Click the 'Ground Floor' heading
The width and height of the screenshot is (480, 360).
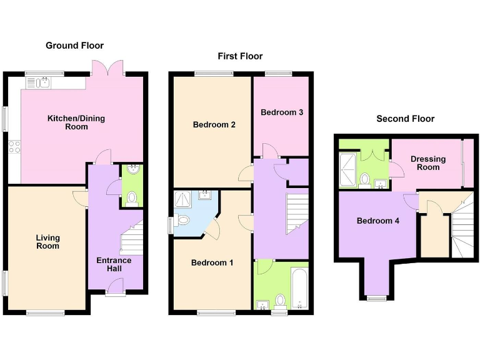pyautogui.click(x=74, y=46)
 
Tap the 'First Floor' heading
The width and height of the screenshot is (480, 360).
pyautogui.click(x=240, y=56)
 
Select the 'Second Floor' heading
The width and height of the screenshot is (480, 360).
pyautogui.click(x=405, y=119)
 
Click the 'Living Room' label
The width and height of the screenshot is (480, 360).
pyautogui.click(x=47, y=241)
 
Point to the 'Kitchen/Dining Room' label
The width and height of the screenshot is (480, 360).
pyautogui.click(x=76, y=122)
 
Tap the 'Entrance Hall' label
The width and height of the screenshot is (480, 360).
pyautogui.click(x=114, y=264)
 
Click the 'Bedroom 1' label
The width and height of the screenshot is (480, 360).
pyautogui.click(x=212, y=262)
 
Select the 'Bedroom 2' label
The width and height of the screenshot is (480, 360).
pyautogui.click(x=214, y=124)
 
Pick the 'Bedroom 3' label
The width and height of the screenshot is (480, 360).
pyautogui.click(x=282, y=112)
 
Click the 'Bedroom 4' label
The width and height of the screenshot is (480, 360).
pyautogui.click(x=377, y=221)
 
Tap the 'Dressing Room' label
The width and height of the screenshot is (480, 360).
pyautogui.click(x=428, y=163)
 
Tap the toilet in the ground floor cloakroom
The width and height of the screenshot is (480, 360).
pyautogui.click(x=132, y=198)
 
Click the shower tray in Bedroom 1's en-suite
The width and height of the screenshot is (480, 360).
pyautogui.click(x=185, y=200)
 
